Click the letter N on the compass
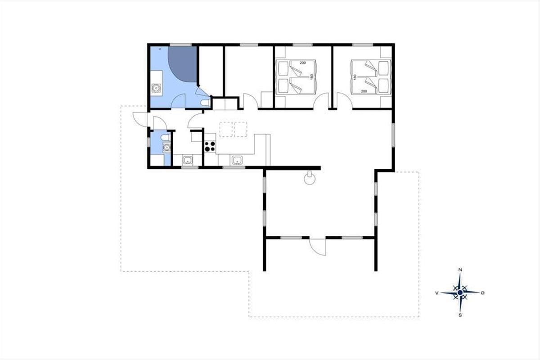[460, 270]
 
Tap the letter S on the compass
[460, 315]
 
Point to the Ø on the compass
[482, 293]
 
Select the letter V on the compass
[436, 293]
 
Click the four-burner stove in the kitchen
[210, 146]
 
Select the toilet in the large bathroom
[205, 102]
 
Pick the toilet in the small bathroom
[166, 138]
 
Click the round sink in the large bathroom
[156, 88]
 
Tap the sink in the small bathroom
[166, 147]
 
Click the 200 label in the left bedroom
[302, 63]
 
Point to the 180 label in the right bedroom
[355, 77]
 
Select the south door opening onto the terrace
[318, 247]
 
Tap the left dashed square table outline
[226, 129]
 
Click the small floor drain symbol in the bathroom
[160, 49]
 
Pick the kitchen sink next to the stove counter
[237, 160]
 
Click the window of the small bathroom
[148, 142]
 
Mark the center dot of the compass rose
[460, 292]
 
